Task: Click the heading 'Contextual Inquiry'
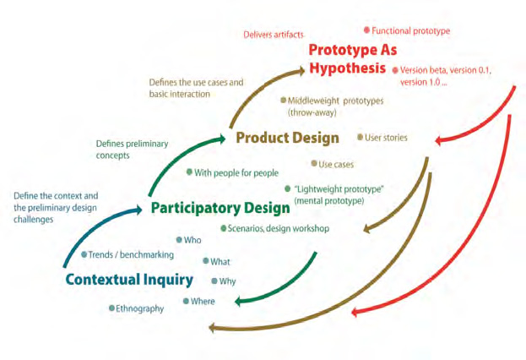click(x=127, y=279)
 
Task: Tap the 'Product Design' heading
click(x=287, y=138)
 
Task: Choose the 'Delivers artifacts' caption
click(x=274, y=35)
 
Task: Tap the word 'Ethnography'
click(x=139, y=308)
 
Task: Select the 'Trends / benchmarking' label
click(x=131, y=254)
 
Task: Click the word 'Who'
click(x=193, y=240)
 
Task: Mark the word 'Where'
click(x=203, y=302)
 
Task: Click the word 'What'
click(x=220, y=261)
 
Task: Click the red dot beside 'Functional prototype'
click(x=366, y=30)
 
